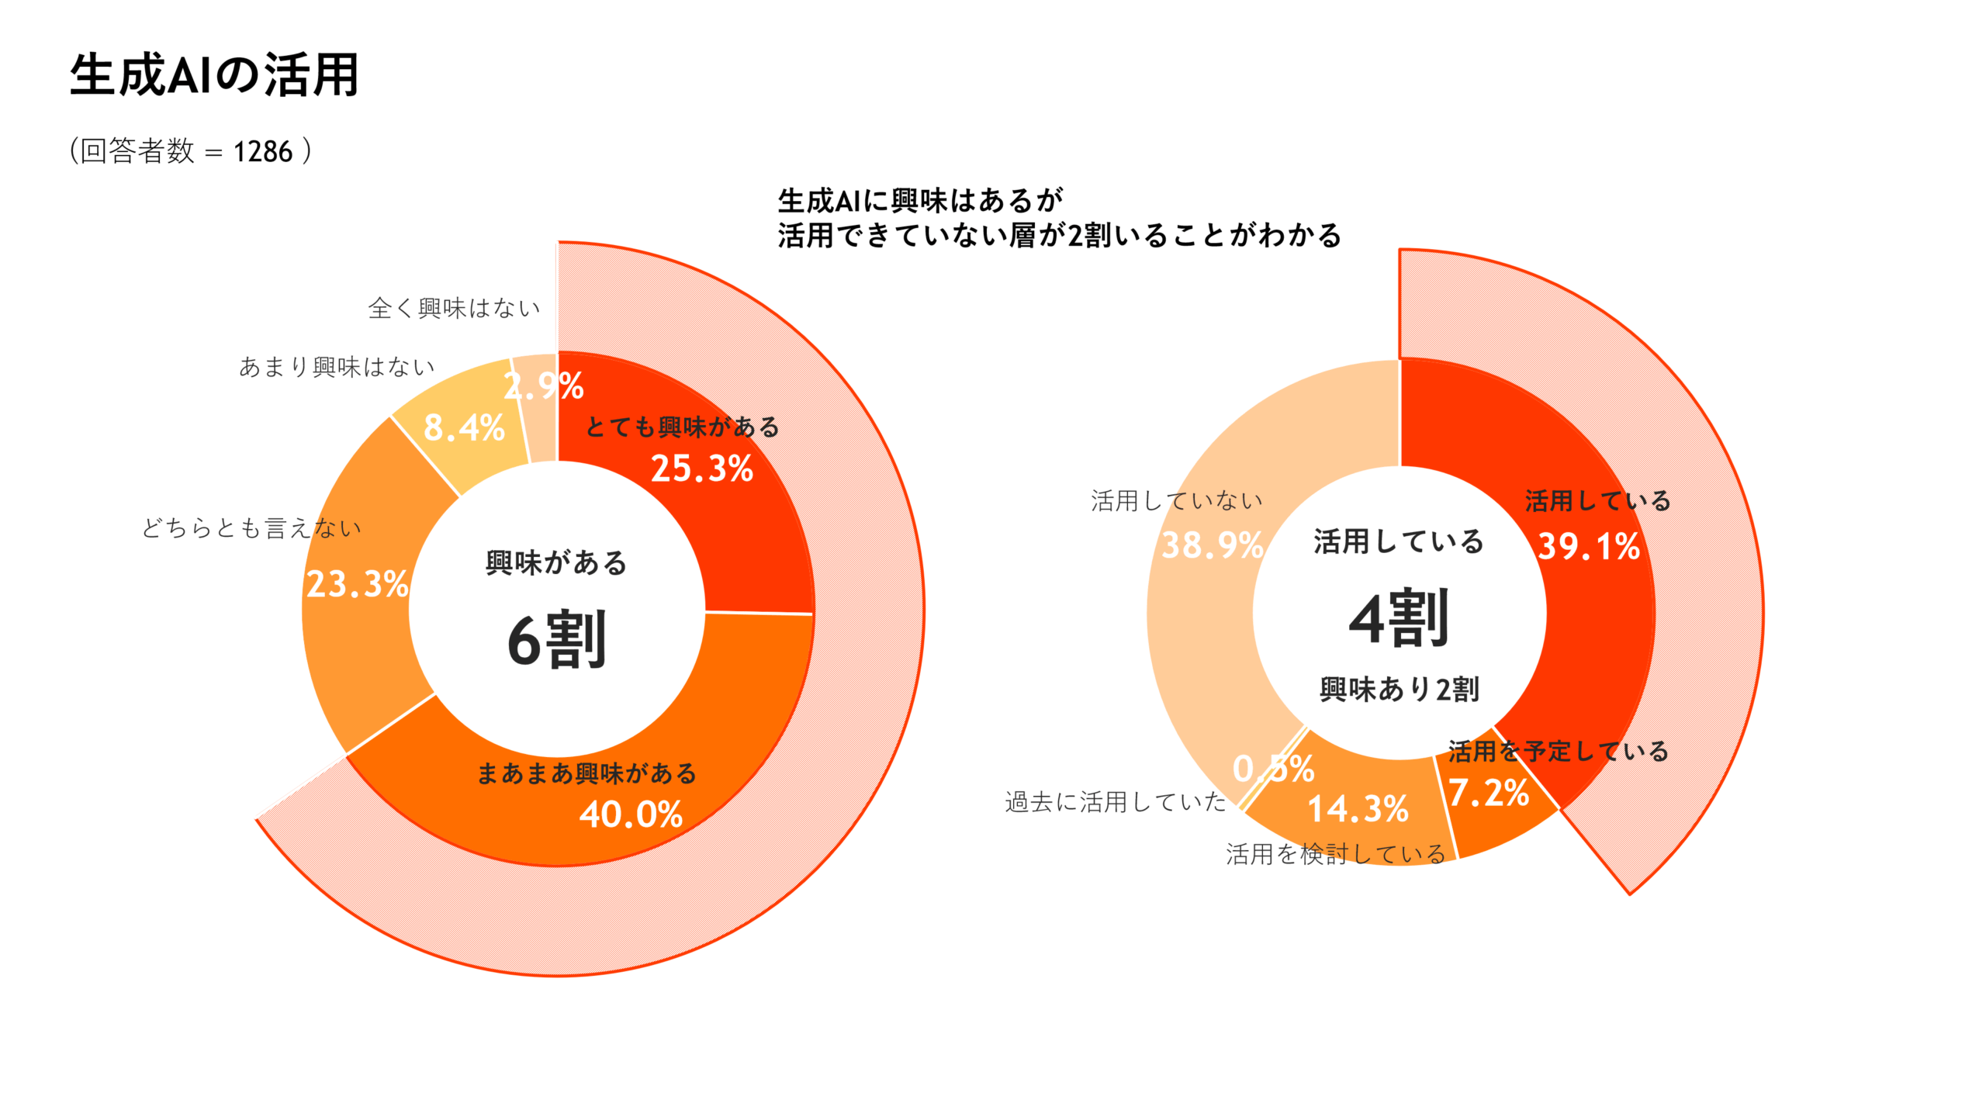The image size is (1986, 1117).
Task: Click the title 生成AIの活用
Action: (x=214, y=75)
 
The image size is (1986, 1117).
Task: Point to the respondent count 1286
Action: (x=263, y=151)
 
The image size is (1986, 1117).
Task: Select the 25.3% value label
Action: (x=701, y=469)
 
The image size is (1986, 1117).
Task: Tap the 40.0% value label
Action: (x=631, y=814)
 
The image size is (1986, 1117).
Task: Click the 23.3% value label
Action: (x=357, y=584)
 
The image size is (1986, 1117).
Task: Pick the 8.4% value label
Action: (x=464, y=427)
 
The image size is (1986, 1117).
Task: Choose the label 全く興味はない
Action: (x=454, y=308)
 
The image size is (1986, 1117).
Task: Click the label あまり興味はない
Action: (x=337, y=366)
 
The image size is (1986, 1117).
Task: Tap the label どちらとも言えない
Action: (x=251, y=527)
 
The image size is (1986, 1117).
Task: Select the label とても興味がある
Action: (x=682, y=427)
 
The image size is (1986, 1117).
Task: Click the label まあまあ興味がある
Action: (x=586, y=773)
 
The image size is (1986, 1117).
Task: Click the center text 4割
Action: (x=1399, y=619)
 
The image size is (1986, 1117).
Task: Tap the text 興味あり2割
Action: (x=1399, y=689)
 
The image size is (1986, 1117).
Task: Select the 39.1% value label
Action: (x=1589, y=546)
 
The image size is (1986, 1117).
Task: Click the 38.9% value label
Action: (x=1212, y=545)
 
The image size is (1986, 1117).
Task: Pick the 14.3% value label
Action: (x=1358, y=809)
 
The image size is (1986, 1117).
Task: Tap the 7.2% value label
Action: (x=1488, y=793)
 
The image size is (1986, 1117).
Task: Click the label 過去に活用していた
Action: (x=1116, y=801)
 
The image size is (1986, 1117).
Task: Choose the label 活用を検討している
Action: (x=1336, y=854)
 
